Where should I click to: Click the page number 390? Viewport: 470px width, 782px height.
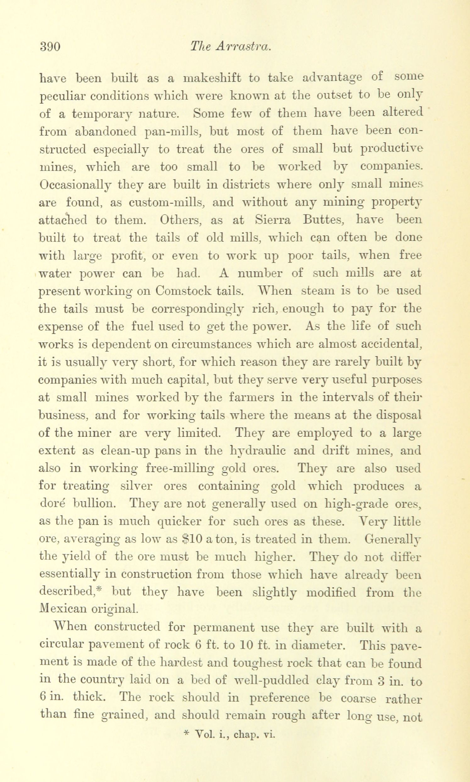pos(50,47)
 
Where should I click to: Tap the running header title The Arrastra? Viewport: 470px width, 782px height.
pos(230,47)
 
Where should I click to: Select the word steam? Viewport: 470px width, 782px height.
pos(319,291)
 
